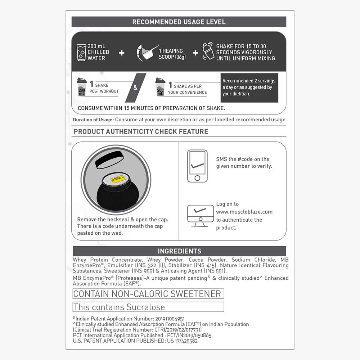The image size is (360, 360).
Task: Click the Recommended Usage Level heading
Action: tap(179, 22)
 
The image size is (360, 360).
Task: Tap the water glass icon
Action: tap(81, 53)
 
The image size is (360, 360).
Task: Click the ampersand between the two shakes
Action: tap(135, 87)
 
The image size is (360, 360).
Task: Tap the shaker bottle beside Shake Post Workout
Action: tap(82, 87)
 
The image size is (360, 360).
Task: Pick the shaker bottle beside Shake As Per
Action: tap(160, 87)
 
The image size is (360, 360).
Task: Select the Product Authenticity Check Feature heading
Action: tap(141, 131)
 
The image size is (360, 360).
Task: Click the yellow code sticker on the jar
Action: tap(117, 179)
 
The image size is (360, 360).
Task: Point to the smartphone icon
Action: tap(197, 166)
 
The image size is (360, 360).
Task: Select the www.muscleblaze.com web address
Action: tap(244, 212)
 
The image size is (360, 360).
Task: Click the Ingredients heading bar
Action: tap(179, 251)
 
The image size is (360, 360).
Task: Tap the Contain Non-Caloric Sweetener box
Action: tap(148, 294)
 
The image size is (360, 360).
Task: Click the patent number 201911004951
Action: tap(170, 319)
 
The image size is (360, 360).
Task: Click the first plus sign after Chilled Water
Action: tap(122, 53)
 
